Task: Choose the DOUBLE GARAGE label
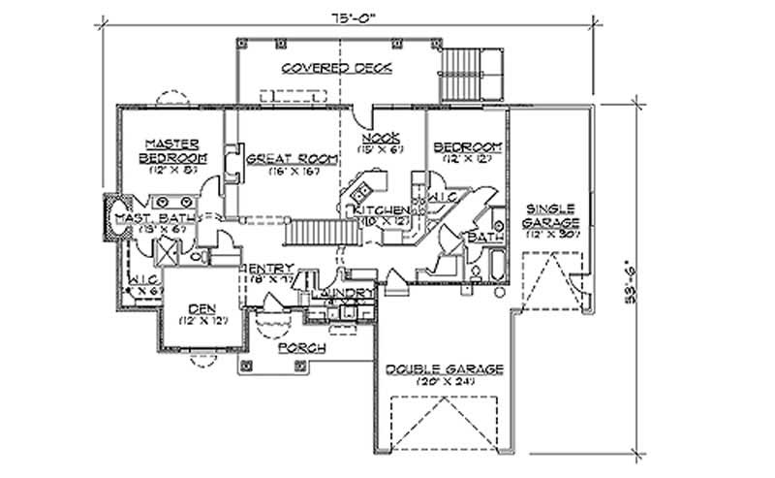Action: pyautogui.click(x=445, y=368)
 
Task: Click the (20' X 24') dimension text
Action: pyautogui.click(x=445, y=381)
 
